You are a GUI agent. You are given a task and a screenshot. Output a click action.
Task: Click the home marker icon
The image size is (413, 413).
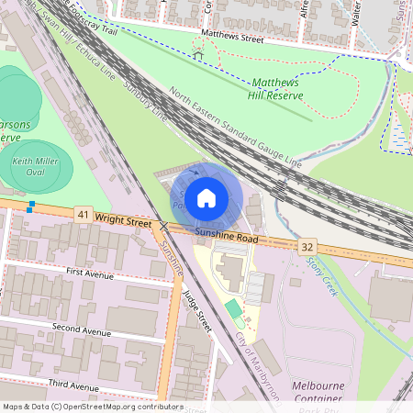[x=206, y=198]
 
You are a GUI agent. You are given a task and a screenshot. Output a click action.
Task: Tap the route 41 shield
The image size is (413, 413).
[x=84, y=215]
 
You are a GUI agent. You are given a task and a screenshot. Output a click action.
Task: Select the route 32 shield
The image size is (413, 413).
[x=307, y=247]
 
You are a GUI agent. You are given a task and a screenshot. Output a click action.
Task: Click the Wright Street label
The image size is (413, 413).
[x=122, y=221]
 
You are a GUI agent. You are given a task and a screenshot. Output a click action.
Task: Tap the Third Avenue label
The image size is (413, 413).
[x=73, y=386]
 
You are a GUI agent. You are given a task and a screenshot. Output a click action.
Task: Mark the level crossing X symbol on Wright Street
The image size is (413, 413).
[x=163, y=226]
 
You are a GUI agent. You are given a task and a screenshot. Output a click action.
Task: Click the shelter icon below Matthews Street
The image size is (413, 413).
[x=198, y=55]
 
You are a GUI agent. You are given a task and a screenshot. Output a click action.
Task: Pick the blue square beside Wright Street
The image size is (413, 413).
[x=31, y=206]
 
